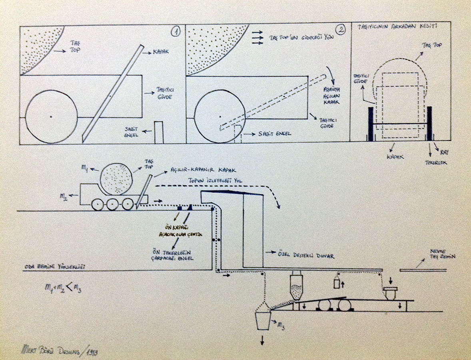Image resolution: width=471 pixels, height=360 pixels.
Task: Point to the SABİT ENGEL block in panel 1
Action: pyautogui.click(x=159, y=132)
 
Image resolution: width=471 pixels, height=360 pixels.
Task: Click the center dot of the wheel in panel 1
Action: pyautogui.click(x=51, y=117)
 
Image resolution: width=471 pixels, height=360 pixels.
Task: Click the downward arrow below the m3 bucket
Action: pyautogui.click(x=263, y=340)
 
